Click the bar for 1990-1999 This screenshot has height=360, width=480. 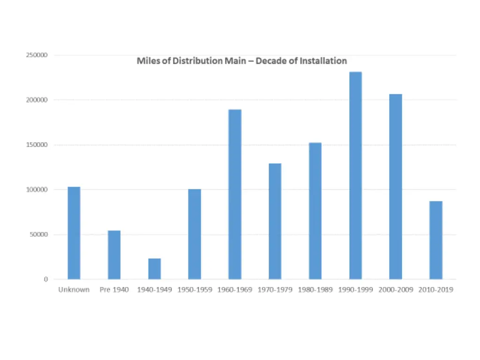pyautogui.click(x=355, y=176)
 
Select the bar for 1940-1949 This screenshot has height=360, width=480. pyautogui.click(x=155, y=269)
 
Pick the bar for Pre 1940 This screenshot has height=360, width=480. pyautogui.click(x=114, y=255)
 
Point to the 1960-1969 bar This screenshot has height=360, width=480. pyautogui.click(x=235, y=195)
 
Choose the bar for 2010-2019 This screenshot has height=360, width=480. pyautogui.click(x=436, y=240)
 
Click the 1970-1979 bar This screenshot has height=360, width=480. pyautogui.click(x=275, y=221)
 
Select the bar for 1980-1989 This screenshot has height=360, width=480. pyautogui.click(x=315, y=211)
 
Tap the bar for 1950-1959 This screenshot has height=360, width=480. pyautogui.click(x=195, y=234)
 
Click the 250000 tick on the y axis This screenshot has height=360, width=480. pyautogui.click(x=37, y=55)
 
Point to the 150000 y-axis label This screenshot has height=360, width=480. pyautogui.click(x=37, y=145)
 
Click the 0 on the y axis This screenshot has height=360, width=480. pyautogui.click(x=46, y=279)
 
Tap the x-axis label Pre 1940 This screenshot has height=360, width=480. pyautogui.click(x=114, y=290)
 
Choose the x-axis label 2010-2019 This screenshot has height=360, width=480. pyautogui.click(x=436, y=290)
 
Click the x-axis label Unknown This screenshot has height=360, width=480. pyautogui.click(x=74, y=290)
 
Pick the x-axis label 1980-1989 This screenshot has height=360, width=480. pyautogui.click(x=315, y=290)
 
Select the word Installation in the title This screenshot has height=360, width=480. pyautogui.click(x=323, y=61)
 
